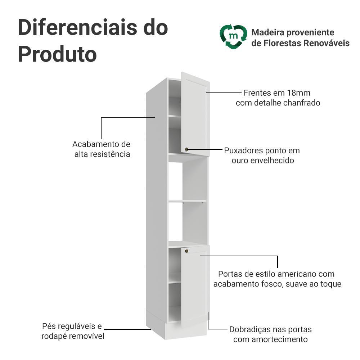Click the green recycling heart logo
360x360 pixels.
point(233,37)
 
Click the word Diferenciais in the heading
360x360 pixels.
point(77,28)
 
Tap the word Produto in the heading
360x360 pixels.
point(57,54)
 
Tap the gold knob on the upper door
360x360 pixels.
point(186,149)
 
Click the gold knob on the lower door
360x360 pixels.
point(186,251)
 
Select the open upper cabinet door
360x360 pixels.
point(195,114)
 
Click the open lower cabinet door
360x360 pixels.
point(195,286)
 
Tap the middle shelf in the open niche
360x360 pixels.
point(187,201)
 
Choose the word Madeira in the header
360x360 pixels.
point(268,32)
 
